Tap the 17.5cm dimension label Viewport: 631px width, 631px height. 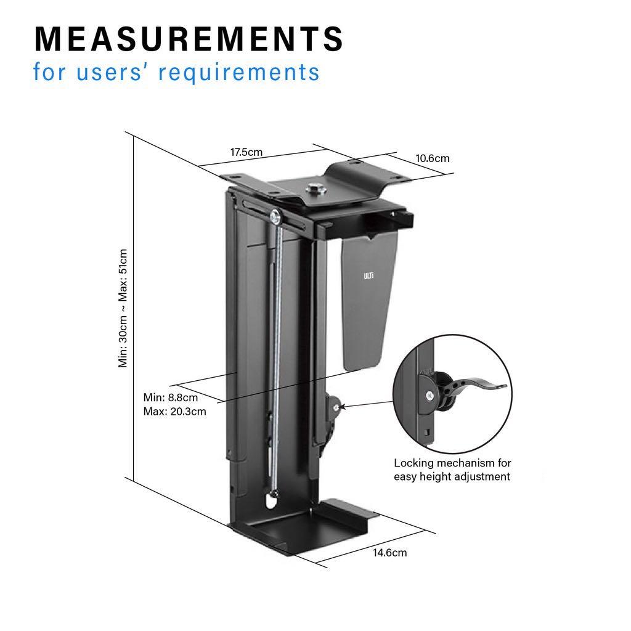246,152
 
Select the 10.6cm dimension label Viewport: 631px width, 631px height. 432,158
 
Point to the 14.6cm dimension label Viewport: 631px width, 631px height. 389,552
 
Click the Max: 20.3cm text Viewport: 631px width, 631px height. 174,411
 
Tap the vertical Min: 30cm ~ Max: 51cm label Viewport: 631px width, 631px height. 123,308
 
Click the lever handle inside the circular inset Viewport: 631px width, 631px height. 481,383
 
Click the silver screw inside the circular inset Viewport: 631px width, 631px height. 427,395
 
